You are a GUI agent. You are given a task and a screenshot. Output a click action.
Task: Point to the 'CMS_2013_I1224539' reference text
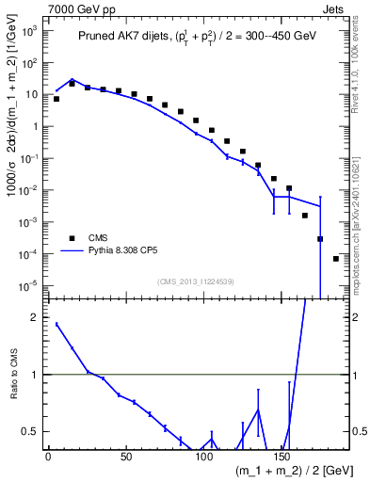(x=197, y=281)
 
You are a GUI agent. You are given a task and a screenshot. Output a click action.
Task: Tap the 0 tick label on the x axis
(x=48, y=457)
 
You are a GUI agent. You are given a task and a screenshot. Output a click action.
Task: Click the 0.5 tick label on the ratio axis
(x=31, y=432)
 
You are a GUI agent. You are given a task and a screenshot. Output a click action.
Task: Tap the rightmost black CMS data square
(x=336, y=259)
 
